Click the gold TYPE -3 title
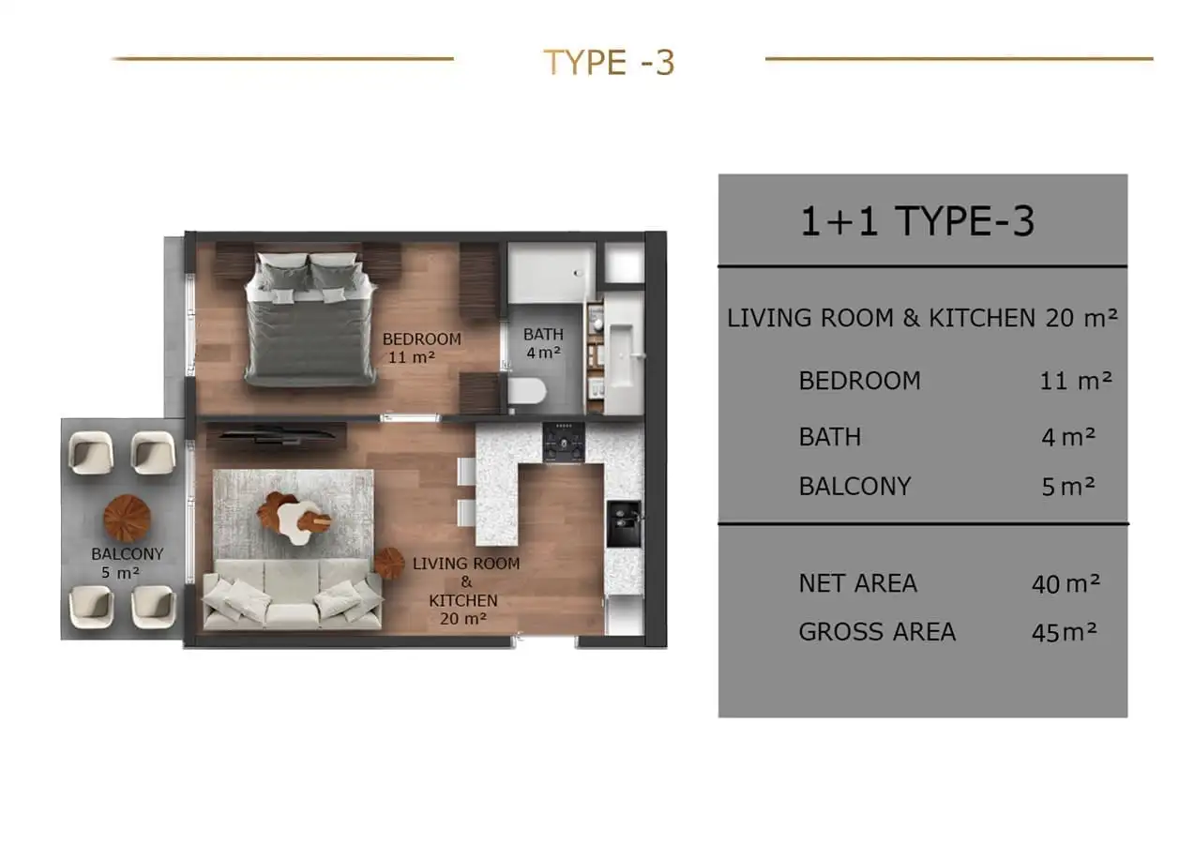(x=609, y=62)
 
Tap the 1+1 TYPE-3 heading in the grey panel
(x=917, y=221)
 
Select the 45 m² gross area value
(x=1064, y=632)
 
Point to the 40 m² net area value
(x=1066, y=584)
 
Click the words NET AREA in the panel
(x=857, y=583)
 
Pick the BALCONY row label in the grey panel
(x=855, y=486)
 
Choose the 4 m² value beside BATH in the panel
(x=1068, y=437)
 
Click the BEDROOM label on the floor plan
(x=422, y=339)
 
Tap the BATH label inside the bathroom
(x=543, y=334)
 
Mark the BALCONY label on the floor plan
(x=127, y=554)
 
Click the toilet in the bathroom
(x=526, y=392)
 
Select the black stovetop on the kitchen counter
(x=564, y=443)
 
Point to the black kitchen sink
(x=623, y=524)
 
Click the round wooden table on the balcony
(x=127, y=519)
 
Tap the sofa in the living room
(x=292, y=595)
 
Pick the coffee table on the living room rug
(x=295, y=516)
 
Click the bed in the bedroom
(x=310, y=319)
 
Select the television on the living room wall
(x=276, y=435)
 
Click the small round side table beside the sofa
(x=389, y=563)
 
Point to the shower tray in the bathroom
(x=552, y=273)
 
